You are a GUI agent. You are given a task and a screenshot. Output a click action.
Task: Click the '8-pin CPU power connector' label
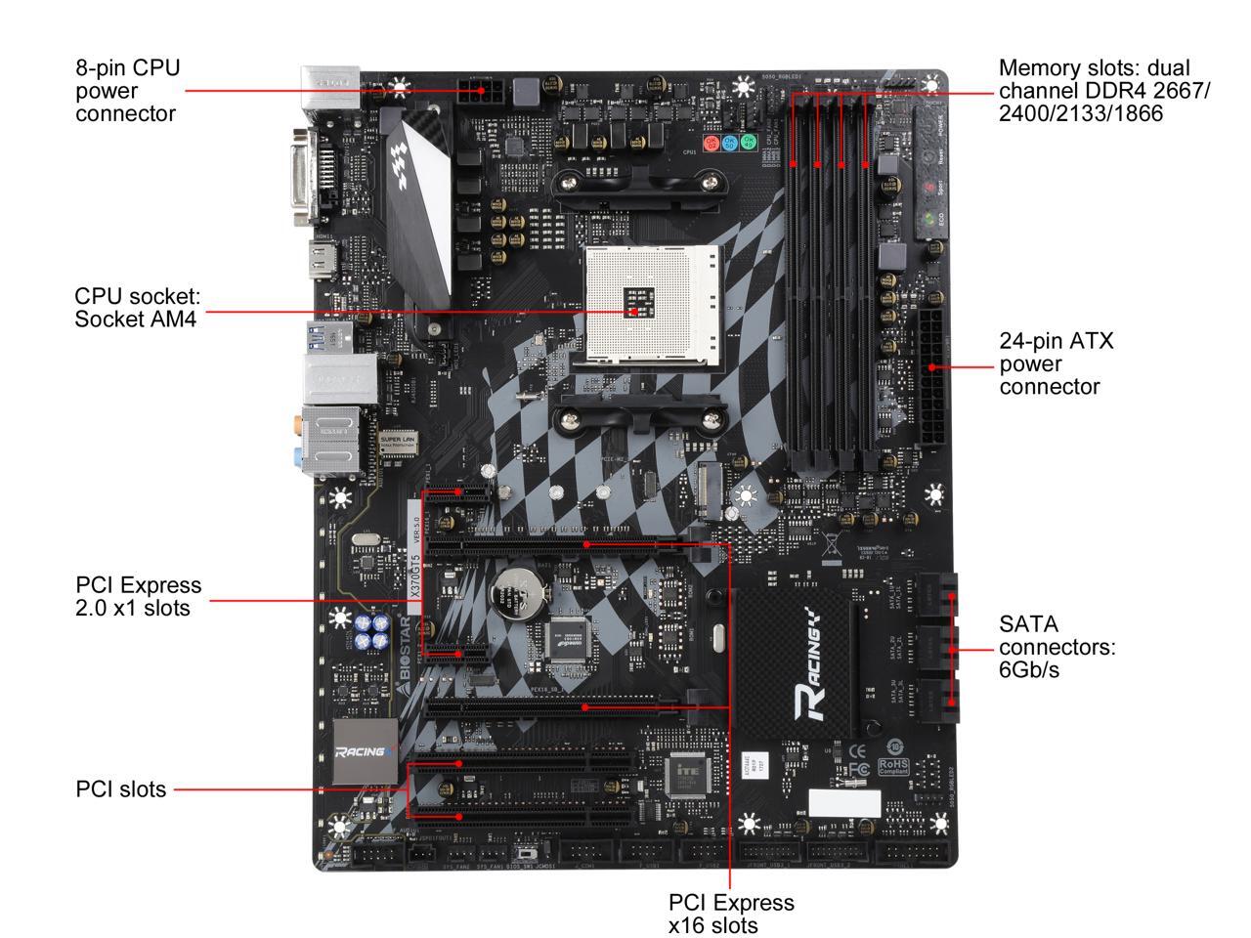click(127, 90)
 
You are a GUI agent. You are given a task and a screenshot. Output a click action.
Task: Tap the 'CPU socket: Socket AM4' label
click(137, 307)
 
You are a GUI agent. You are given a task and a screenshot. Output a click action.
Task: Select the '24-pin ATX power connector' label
click(1056, 363)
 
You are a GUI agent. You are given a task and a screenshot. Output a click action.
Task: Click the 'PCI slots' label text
click(121, 789)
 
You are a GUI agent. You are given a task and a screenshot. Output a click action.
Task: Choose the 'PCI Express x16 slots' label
click(731, 914)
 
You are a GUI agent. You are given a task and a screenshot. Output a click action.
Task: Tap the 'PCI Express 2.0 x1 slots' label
click(138, 596)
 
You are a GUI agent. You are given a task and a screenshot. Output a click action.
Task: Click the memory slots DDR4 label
click(1103, 90)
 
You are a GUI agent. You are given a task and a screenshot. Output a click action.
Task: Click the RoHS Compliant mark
click(893, 766)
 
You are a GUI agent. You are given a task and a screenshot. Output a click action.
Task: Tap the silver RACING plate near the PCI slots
click(366, 751)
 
